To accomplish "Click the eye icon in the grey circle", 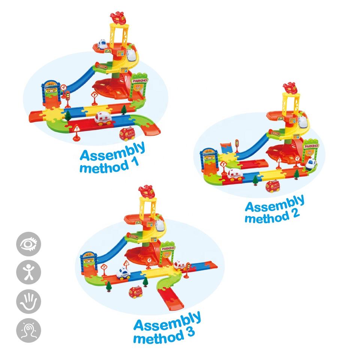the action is [x=28, y=244].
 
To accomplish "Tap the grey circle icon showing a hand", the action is [x=28, y=302].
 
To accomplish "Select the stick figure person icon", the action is [x=28, y=273].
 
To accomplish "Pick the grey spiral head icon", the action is [x=28, y=330].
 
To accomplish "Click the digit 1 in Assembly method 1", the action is [x=133, y=162].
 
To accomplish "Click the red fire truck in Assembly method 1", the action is [x=127, y=133].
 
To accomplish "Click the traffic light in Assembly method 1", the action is [x=68, y=97].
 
